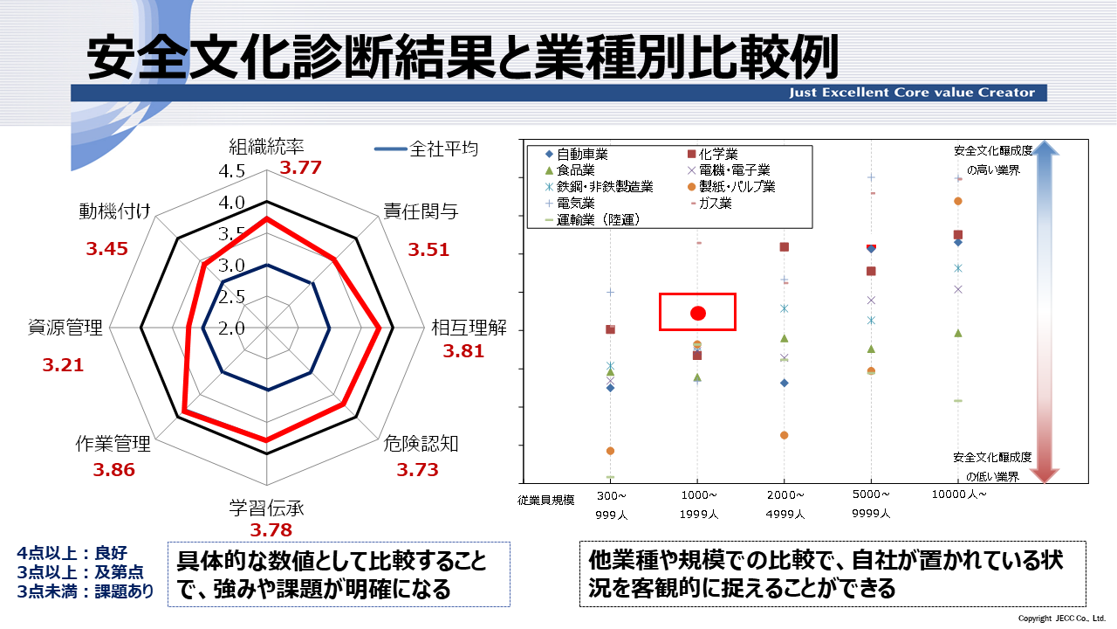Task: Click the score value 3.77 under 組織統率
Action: [x=301, y=168]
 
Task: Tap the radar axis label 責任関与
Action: [x=421, y=211]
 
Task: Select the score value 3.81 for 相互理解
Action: [x=463, y=352]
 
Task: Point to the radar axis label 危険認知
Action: [x=421, y=444]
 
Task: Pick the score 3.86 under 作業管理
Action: [x=114, y=470]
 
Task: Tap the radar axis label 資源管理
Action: [x=65, y=328]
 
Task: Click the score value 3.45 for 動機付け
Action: [x=106, y=249]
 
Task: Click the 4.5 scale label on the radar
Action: [x=208, y=170]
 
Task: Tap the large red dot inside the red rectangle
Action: [x=697, y=313]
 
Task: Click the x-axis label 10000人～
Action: [x=958, y=494]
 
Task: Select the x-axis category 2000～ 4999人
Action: [x=784, y=503]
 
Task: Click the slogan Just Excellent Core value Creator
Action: [x=911, y=93]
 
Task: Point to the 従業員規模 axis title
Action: [x=545, y=500]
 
